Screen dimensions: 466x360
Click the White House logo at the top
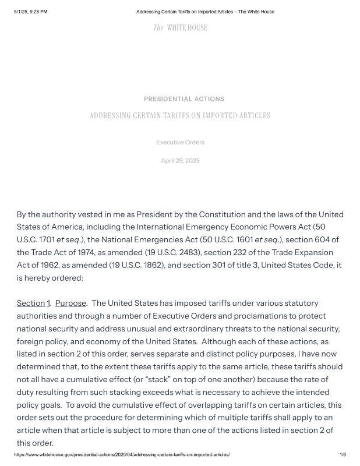[x=180, y=28]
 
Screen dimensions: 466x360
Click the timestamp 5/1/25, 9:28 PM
[x=31, y=12]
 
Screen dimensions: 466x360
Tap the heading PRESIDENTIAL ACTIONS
[x=183, y=99]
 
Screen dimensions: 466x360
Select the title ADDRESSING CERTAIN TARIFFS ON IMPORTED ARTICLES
[x=179, y=116]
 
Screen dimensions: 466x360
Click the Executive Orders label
[x=180, y=142]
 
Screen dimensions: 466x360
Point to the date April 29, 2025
[x=180, y=161]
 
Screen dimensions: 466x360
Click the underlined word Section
[x=30, y=303]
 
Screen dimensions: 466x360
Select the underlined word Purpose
[x=70, y=303]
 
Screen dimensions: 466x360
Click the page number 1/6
[x=343, y=454]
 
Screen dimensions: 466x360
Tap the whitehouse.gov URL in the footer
[x=122, y=454]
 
